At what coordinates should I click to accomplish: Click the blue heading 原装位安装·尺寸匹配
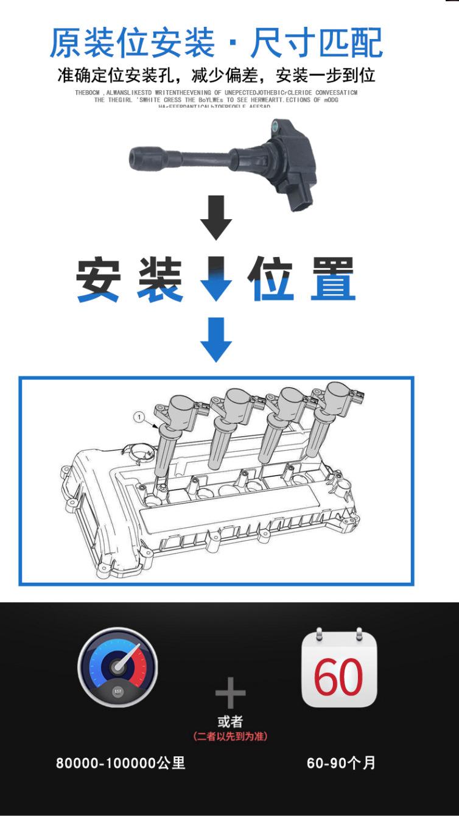click(x=216, y=43)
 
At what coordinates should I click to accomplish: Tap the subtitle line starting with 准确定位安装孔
click(x=216, y=76)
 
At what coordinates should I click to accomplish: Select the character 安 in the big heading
click(x=98, y=280)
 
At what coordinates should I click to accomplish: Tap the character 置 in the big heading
click(x=332, y=280)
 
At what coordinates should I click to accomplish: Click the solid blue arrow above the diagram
click(x=216, y=339)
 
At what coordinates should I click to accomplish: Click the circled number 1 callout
click(x=139, y=417)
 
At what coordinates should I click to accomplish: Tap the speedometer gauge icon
click(x=117, y=667)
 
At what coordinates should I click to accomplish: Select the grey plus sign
click(x=230, y=694)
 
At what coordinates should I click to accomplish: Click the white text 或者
click(x=230, y=722)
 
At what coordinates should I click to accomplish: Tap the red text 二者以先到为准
click(x=230, y=736)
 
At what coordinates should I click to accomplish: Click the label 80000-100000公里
click(x=121, y=763)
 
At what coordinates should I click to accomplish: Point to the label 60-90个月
click(x=341, y=763)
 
